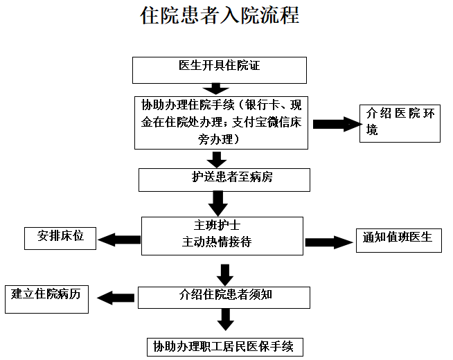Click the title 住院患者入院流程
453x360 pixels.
pyautogui.click(x=220, y=15)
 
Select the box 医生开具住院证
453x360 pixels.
pyautogui.click(x=219, y=69)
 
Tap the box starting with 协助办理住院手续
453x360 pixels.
pyautogui.click(x=222, y=122)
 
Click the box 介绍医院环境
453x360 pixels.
pyautogui.click(x=400, y=123)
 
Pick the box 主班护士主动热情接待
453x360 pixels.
pyautogui.click(x=222, y=235)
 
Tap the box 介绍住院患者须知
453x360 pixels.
pyautogui.click(x=222, y=297)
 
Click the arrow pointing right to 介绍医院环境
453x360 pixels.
pyautogui.click(x=337, y=124)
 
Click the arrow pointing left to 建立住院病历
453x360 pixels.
pyautogui.click(x=116, y=298)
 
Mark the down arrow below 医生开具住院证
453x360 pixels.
pyautogui.click(x=216, y=89)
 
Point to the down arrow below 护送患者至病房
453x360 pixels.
pyautogui.click(x=219, y=203)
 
